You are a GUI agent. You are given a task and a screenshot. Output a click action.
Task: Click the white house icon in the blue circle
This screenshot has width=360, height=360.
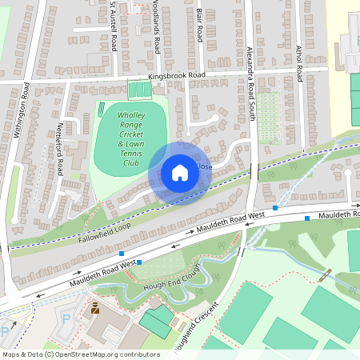point(180,173)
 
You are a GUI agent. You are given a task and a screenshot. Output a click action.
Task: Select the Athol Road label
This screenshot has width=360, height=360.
point(298,62)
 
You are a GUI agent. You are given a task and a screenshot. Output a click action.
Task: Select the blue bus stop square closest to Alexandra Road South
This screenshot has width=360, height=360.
point(275,208)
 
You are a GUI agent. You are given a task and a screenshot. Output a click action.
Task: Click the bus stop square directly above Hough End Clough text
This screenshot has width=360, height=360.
point(139,262)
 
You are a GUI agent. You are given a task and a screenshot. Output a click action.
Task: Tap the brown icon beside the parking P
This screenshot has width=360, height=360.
point(94,308)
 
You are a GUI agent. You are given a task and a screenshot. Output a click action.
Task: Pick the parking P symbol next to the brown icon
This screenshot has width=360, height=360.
point(66,318)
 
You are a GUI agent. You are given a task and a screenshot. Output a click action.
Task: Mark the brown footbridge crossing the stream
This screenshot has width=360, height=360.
point(324,275)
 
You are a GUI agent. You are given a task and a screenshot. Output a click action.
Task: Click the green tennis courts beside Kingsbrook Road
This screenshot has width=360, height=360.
point(139,90)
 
